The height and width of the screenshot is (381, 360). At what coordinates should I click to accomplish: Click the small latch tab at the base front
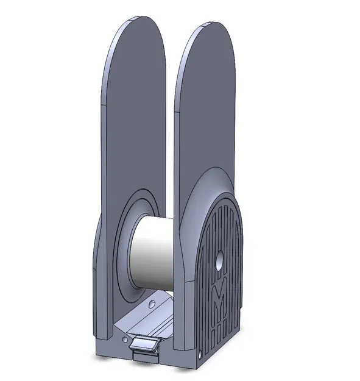pos(145,345)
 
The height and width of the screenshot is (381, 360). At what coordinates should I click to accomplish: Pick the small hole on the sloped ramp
pos(150,302)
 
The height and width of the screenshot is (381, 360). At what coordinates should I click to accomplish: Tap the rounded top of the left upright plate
pos(137,37)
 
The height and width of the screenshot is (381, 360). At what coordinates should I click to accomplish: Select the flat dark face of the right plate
pos(207,110)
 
